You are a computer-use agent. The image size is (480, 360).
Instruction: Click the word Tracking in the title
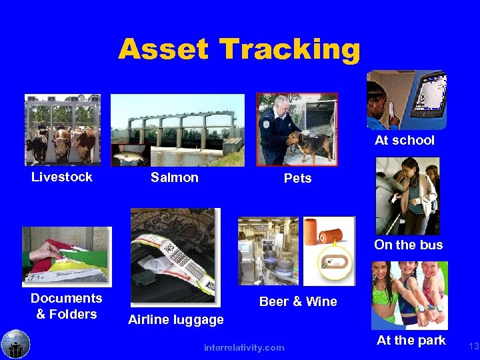[x=289, y=49]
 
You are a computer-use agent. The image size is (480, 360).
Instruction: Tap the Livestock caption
[x=62, y=177]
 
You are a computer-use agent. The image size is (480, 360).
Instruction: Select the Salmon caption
[x=175, y=177]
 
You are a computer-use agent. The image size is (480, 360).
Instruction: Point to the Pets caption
[x=297, y=179]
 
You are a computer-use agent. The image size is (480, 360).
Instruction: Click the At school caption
[x=404, y=140]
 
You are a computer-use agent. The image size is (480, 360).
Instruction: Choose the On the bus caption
[x=408, y=245]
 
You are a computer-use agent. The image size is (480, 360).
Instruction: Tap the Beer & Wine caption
[x=298, y=301]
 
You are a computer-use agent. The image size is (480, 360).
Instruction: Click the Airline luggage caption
[x=176, y=320]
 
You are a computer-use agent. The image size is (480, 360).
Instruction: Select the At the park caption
[x=411, y=340]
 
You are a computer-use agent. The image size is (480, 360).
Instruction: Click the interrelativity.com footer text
[x=244, y=347]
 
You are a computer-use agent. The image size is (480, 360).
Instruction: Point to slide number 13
[x=474, y=346]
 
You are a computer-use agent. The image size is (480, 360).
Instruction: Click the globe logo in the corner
[x=15, y=344]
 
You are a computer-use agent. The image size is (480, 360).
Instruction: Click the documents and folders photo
[x=67, y=256]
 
